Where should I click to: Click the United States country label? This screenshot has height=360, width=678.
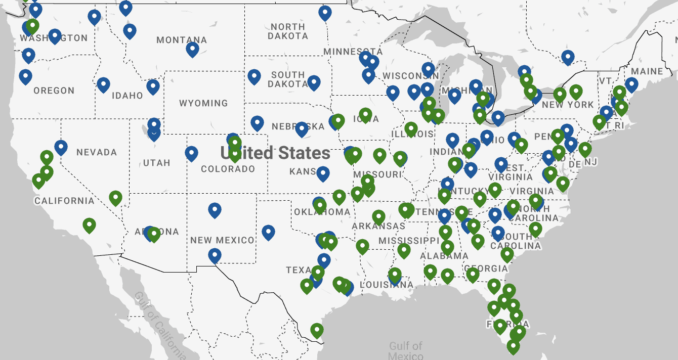click(x=275, y=153)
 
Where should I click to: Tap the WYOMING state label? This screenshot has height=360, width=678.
click(x=203, y=103)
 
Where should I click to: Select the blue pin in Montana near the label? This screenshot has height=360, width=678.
click(x=192, y=49)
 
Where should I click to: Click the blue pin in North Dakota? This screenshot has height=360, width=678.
click(x=325, y=13)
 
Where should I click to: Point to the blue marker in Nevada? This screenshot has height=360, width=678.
click(x=61, y=147)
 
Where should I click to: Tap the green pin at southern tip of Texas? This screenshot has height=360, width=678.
click(x=317, y=331)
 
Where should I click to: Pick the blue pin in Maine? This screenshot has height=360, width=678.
click(x=631, y=84)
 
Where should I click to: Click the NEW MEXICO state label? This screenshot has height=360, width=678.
click(x=222, y=240)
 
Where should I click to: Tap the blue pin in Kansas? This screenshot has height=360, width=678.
click(x=323, y=174)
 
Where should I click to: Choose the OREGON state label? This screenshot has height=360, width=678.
click(x=54, y=91)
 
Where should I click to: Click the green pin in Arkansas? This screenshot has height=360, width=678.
click(x=378, y=217)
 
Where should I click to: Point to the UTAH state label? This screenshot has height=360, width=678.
click(x=156, y=163)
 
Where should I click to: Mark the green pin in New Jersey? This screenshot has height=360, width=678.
click(x=585, y=149)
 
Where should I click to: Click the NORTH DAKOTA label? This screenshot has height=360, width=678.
click(x=287, y=31)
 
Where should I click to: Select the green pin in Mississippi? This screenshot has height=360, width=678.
click(x=404, y=250)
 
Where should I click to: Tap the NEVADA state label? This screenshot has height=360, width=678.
click(x=96, y=152)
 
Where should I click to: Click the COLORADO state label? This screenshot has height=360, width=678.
click(x=228, y=169)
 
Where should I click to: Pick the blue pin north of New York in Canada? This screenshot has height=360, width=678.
click(x=568, y=57)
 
